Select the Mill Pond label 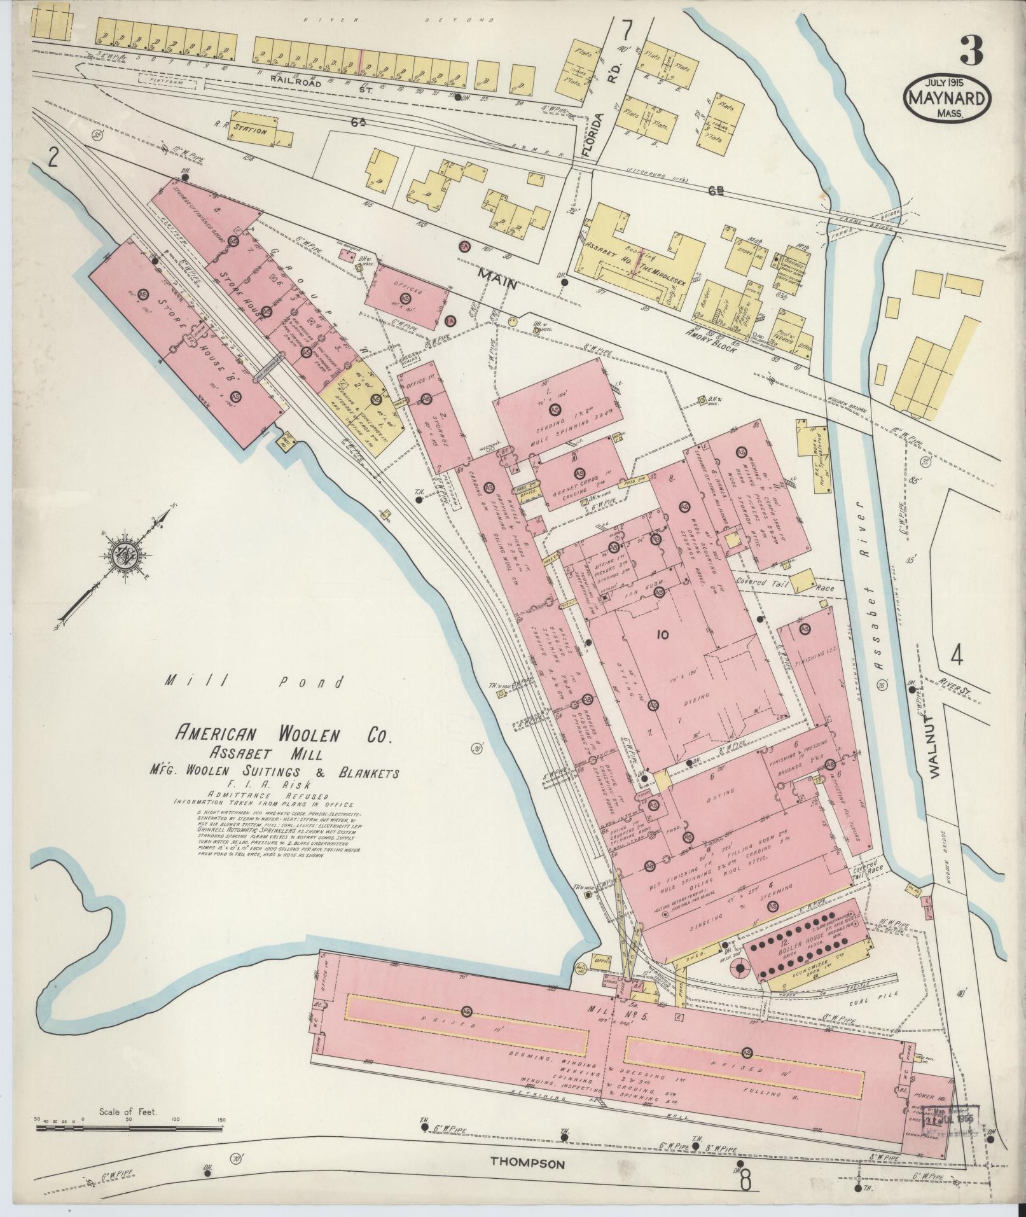click(255, 683)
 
